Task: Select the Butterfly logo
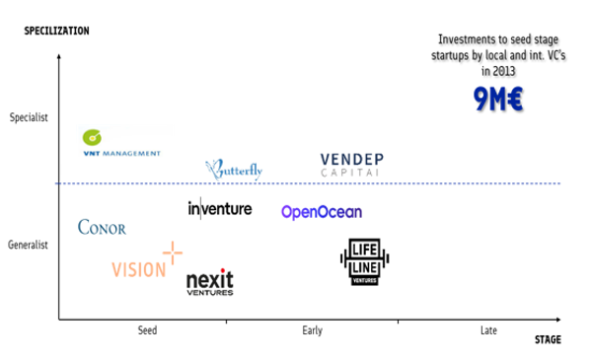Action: (x=234, y=170)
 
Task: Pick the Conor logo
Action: (x=102, y=228)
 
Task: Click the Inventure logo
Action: (x=219, y=209)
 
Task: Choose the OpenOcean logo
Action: (x=321, y=211)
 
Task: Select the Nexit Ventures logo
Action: (x=210, y=282)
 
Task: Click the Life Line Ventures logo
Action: (x=365, y=263)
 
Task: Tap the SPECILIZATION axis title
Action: (x=56, y=31)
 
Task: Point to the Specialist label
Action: (x=28, y=117)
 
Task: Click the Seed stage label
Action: (x=147, y=330)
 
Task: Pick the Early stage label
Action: (x=312, y=330)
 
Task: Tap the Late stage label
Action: (x=487, y=330)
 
